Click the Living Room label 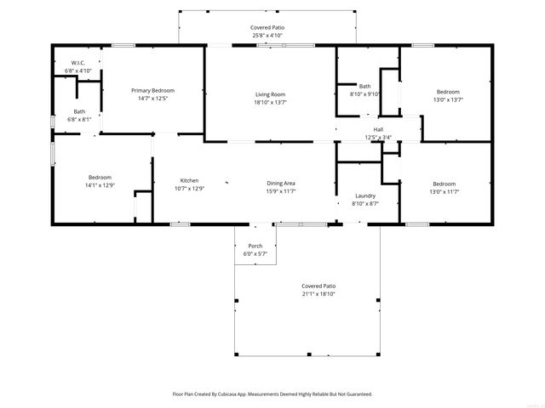270,93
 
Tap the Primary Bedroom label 152,89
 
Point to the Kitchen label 188,179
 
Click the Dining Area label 281,183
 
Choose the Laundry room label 364,195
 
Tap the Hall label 377,129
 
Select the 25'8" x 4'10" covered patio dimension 267,36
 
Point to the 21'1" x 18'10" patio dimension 318,294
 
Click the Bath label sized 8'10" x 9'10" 364,86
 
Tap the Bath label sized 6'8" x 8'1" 79,111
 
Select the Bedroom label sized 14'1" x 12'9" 100,177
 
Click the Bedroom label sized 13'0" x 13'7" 448,92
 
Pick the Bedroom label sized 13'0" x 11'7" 443,184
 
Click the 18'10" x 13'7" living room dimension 270,102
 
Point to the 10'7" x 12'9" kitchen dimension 188,188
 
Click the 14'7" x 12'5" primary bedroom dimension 152,98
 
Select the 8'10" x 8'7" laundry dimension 364,204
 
